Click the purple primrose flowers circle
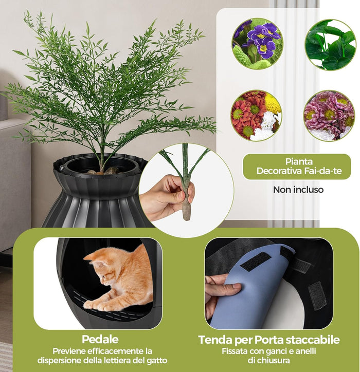[x=257, y=43]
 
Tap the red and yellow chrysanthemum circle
[x=256, y=115]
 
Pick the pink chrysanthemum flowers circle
[x=329, y=116]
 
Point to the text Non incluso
[x=298, y=190]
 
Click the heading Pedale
[x=100, y=340]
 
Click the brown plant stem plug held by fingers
[x=186, y=208]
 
